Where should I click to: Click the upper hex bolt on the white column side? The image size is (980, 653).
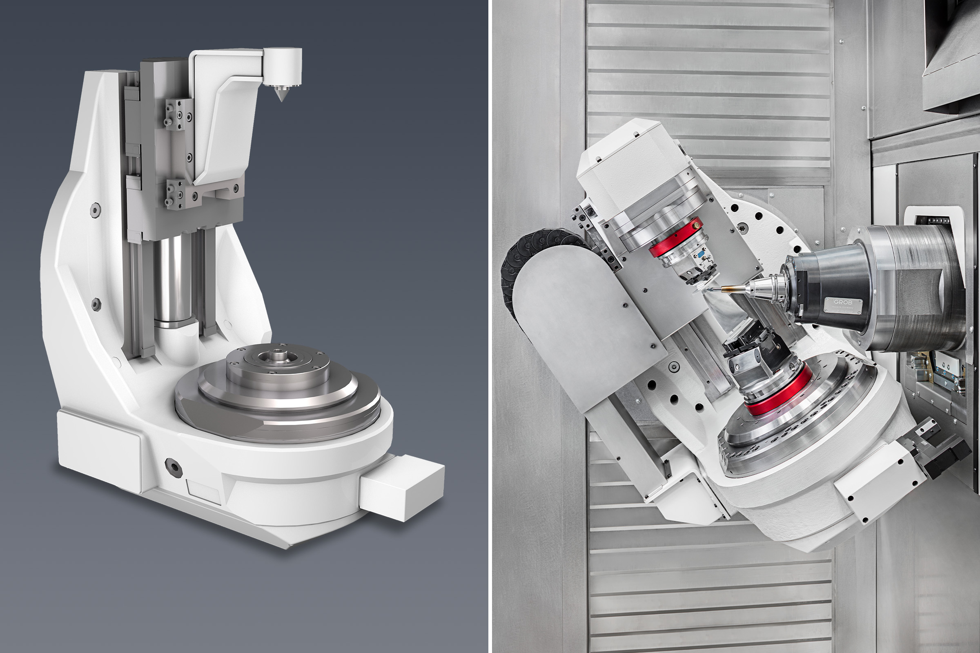pyautogui.click(x=96, y=209)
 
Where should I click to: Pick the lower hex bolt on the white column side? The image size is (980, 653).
pyautogui.click(x=96, y=304)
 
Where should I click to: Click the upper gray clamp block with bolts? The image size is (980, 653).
pyautogui.click(x=179, y=114)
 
